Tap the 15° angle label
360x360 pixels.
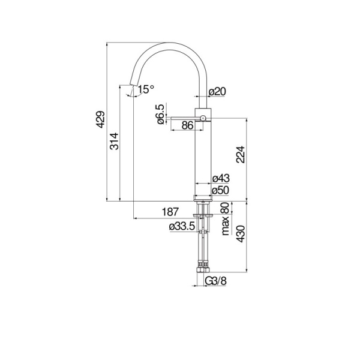[145, 90]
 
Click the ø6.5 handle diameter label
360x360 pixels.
[161, 114]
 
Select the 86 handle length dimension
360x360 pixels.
[187, 125]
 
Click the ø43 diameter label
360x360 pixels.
[221, 179]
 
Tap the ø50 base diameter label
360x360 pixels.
[221, 191]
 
